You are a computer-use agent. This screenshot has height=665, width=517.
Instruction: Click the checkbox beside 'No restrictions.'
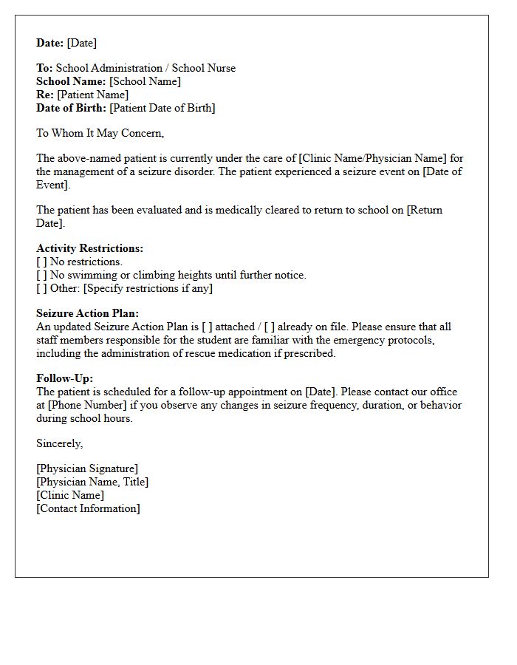[41, 262]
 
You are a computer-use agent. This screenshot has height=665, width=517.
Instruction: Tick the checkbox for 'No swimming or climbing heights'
[41, 275]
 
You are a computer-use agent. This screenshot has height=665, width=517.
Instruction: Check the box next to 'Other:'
[41, 288]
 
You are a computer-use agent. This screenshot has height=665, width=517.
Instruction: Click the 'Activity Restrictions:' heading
[89, 248]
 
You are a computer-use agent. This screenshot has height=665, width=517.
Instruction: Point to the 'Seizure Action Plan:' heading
[87, 313]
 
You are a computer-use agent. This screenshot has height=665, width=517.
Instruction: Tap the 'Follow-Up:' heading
[64, 378]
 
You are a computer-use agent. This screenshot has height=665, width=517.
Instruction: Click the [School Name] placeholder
[145, 81]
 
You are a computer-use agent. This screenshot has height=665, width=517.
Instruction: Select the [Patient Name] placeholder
[93, 95]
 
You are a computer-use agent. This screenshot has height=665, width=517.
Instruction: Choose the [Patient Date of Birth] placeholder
[162, 108]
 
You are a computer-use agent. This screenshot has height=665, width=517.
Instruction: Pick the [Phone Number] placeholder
[85, 405]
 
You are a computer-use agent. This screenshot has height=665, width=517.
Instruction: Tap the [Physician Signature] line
[87, 468]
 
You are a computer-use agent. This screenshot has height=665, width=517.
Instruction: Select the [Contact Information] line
[88, 508]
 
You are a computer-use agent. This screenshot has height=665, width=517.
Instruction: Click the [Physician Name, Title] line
[92, 482]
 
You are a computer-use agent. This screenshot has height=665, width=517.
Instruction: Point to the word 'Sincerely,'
[60, 443]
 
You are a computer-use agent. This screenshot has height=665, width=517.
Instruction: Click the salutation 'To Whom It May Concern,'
[100, 133]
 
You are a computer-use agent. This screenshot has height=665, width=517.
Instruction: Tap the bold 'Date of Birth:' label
[71, 108]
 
